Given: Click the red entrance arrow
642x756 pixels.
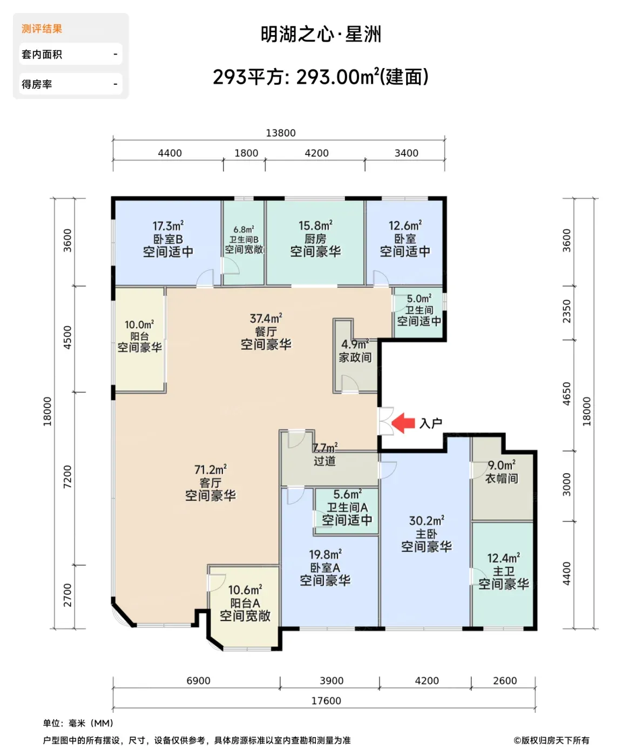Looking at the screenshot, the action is coord(403,423).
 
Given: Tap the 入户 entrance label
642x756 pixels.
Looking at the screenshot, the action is coord(430,423).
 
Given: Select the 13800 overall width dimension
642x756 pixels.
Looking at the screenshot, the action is coord(281,133).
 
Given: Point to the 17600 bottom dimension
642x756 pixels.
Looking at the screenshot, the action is coord(326,701).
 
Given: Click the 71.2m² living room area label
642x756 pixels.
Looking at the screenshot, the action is coord(211,469).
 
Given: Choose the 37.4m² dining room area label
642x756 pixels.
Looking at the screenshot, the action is coord(266,318).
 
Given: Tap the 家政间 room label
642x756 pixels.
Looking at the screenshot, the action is coord(355,357).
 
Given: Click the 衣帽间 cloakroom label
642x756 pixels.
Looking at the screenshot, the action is coord(502,478).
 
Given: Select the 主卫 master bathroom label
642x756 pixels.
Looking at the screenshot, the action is coord(504,571).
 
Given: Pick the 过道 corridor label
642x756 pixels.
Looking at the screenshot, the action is coord(325,461).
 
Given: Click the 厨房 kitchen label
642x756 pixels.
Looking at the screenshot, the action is coord(315,239).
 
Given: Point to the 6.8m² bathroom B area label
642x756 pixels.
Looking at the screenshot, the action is coord(244,230).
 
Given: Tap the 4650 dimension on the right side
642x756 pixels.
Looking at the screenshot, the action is coord(566,394).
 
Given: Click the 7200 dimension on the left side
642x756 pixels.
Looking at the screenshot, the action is coord(67,477).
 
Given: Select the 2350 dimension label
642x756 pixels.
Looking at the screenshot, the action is coord(566,311).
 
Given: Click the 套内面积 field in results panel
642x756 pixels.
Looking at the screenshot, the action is coord(71,54).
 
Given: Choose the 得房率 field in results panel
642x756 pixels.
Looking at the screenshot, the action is coord(71,84).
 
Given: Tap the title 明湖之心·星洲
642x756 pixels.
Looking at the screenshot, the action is coord(321,35).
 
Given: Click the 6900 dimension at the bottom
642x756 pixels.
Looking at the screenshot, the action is coord(198,680).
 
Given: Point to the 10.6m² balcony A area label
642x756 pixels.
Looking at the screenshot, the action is coord(245,590).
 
